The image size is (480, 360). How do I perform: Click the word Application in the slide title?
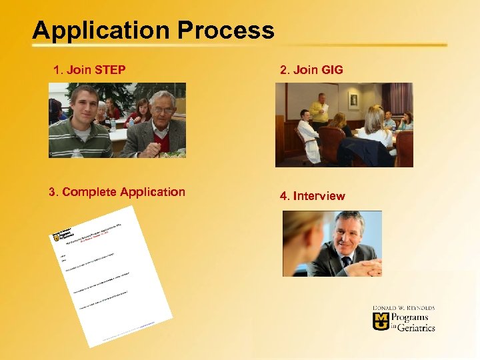96,31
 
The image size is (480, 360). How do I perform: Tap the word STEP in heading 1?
111,69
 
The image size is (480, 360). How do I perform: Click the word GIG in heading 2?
332,69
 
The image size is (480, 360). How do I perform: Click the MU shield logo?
380,321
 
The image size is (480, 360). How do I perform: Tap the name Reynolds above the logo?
417,308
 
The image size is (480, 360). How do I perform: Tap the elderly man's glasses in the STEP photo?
163,109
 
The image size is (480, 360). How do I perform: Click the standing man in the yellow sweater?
321,110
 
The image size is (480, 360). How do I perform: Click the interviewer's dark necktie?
347,261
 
